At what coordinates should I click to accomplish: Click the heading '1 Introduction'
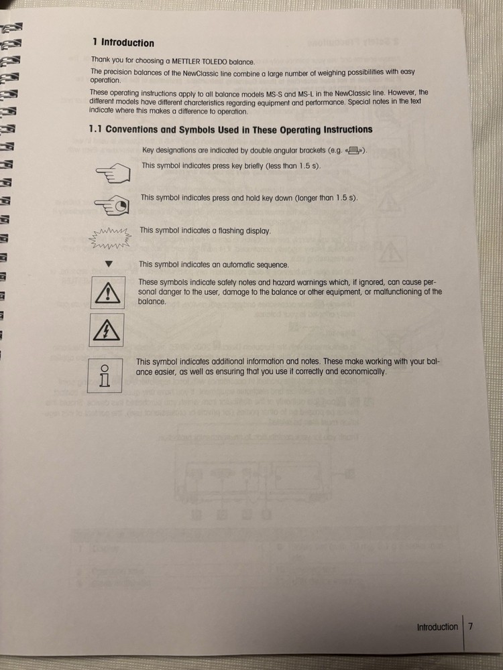click(123, 43)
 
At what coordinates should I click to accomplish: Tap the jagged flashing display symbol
click(110, 236)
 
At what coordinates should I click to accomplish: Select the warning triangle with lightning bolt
click(109, 330)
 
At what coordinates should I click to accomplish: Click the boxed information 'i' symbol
click(104, 377)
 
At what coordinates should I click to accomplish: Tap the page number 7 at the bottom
click(471, 627)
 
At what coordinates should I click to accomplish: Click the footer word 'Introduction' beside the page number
click(437, 627)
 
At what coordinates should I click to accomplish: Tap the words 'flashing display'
click(242, 231)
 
